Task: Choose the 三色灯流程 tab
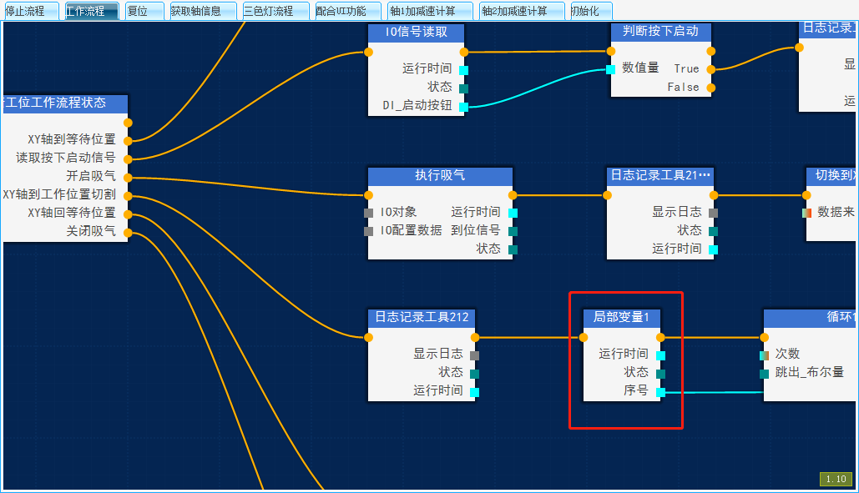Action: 269,11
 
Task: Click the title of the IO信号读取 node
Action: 416,33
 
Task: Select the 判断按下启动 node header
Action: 660,32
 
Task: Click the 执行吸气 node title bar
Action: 440,176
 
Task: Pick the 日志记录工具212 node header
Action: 422,317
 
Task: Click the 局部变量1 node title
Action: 621,317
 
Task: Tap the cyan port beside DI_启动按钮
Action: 463,106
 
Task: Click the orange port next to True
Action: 710,69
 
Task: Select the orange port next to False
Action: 710,87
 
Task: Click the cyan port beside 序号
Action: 660,391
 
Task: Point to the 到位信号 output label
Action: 476,230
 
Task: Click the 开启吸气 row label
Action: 91,177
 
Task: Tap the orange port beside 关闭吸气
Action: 128,232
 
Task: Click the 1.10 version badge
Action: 836,479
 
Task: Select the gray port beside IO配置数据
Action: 369,230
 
